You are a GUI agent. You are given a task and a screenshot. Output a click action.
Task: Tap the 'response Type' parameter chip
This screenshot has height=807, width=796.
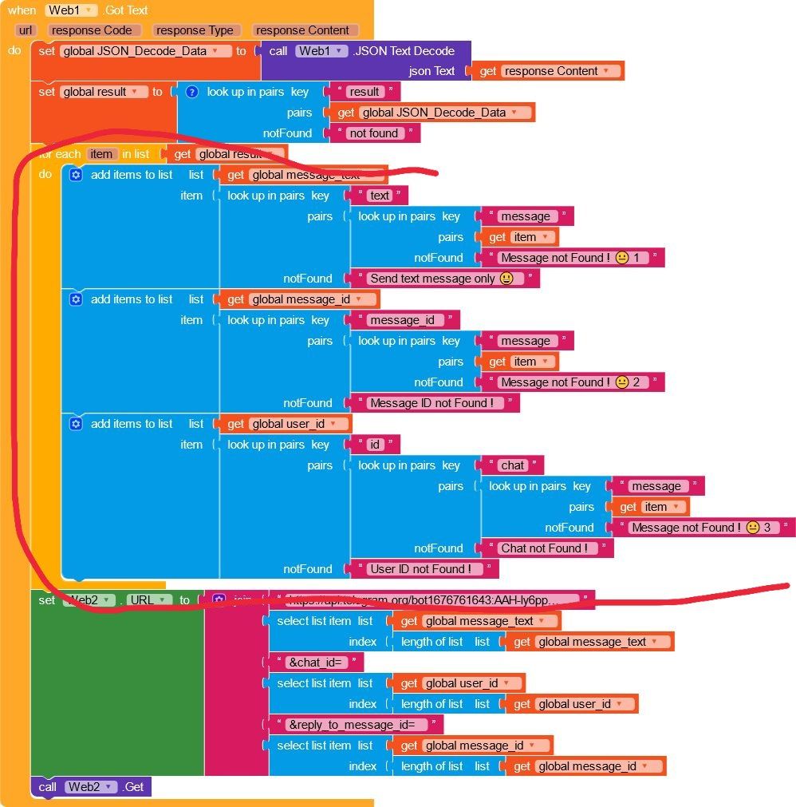pos(195,30)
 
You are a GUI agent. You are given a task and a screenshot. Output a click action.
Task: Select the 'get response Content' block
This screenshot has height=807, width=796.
pos(549,71)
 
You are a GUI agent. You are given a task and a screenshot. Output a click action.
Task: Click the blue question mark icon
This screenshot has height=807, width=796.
pos(191,92)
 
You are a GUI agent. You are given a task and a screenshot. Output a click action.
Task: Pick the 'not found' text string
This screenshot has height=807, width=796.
pos(373,133)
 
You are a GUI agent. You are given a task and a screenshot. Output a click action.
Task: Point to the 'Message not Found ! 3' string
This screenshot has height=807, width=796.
pos(701,528)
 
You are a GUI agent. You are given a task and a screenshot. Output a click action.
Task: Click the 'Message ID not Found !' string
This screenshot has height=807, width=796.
pos(431,403)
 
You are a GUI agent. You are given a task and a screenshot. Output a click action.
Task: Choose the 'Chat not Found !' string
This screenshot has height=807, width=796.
pos(544,548)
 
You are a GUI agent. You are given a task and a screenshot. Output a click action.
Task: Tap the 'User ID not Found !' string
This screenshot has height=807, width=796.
pos(420,569)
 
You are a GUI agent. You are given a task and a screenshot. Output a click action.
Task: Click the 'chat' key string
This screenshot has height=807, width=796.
pos(513,465)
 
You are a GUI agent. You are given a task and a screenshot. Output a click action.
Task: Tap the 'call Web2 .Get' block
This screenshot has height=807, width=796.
pos(91,787)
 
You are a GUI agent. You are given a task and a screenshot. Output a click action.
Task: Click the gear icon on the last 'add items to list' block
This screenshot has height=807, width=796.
pos(76,424)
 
